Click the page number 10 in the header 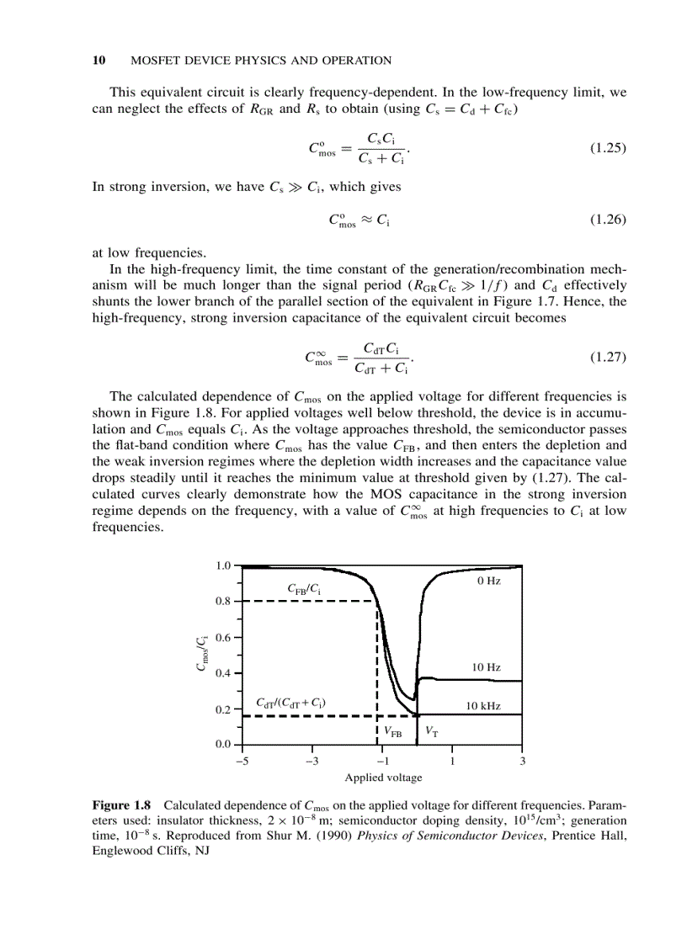pyautogui.click(x=98, y=60)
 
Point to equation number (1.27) pyautogui.click(x=609, y=357)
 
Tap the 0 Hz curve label pyautogui.click(x=488, y=581)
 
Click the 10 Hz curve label pyautogui.click(x=487, y=667)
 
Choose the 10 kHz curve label pyautogui.click(x=483, y=706)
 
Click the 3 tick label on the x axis pyautogui.click(x=523, y=762)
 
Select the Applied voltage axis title pyautogui.click(x=383, y=778)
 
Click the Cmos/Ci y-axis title pyautogui.click(x=202, y=655)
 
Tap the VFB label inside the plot pyautogui.click(x=393, y=732)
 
